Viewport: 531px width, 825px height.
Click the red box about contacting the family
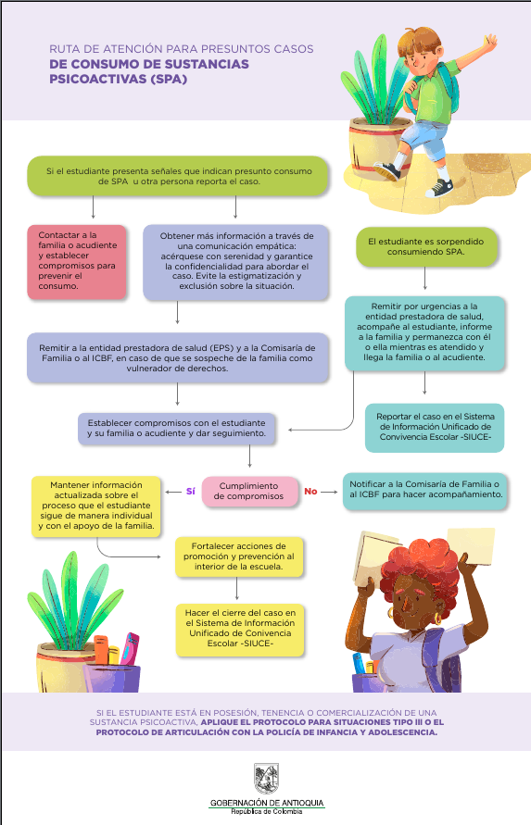77,261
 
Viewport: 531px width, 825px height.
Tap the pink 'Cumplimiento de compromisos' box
249,492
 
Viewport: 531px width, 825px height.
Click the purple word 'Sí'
191,492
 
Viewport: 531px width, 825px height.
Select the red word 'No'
310,492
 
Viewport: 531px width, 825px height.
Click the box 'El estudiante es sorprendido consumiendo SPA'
426,247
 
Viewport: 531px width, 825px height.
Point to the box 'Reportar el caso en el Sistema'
435,427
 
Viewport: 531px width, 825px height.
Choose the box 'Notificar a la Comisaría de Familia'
425,492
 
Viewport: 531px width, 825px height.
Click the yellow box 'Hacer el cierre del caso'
240,630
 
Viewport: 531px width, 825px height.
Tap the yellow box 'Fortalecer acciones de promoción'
239,556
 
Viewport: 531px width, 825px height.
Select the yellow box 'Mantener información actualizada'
95,506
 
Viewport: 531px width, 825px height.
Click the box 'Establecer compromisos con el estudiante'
176,429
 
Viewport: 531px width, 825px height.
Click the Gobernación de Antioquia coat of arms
266,779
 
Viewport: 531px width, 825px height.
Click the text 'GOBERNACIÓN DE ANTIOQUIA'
267,803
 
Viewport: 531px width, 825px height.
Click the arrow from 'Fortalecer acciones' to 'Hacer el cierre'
237,589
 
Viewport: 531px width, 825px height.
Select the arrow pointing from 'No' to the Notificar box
329,492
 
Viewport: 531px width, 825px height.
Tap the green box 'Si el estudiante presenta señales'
178,176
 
